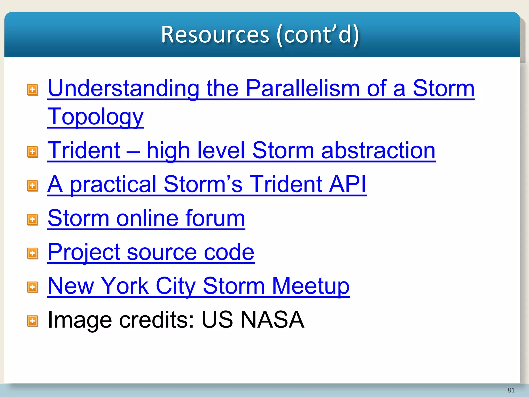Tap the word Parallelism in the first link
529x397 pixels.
tap(302, 88)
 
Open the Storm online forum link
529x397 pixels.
tap(146, 218)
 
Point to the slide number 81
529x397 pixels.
tap(511, 390)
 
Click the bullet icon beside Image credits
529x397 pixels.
tap(33, 321)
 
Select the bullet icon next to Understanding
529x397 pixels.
tap(33, 90)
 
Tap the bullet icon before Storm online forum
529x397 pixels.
tap(33, 220)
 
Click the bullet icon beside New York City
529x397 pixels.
tap(33, 287)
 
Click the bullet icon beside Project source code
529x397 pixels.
tap(33, 253)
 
